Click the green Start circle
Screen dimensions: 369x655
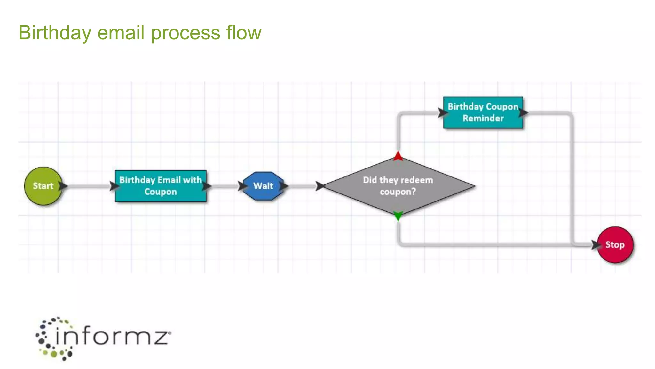[43, 186]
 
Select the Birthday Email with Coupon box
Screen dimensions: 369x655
[161, 186]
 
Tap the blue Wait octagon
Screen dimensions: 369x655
[263, 186]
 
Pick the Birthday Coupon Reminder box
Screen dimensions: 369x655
[483, 112]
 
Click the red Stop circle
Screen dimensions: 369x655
[615, 245]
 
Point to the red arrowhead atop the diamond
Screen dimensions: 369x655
[398, 156]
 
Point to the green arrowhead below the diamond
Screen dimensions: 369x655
[398, 216]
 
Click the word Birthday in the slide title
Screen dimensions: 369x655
[55, 33]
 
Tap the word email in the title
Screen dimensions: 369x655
[121, 33]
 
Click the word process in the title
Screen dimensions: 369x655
[185, 33]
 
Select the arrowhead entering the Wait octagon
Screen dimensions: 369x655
[242, 186]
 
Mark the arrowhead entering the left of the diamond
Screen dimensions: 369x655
[320, 186]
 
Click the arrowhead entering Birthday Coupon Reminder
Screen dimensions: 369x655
[443, 112]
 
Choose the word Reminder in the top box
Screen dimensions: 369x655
[483, 118]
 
